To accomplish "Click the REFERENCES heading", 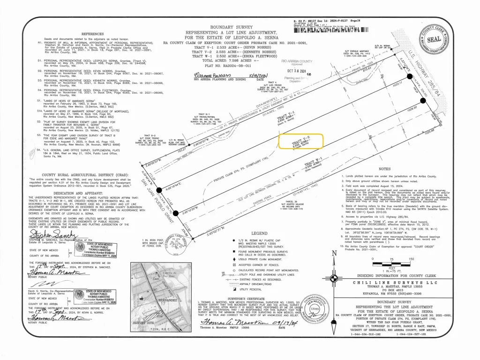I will [x=96, y=34].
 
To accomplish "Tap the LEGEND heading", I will [x=259, y=233].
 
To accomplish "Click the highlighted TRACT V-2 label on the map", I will [x=300, y=141].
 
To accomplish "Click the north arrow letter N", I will [x=334, y=254].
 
